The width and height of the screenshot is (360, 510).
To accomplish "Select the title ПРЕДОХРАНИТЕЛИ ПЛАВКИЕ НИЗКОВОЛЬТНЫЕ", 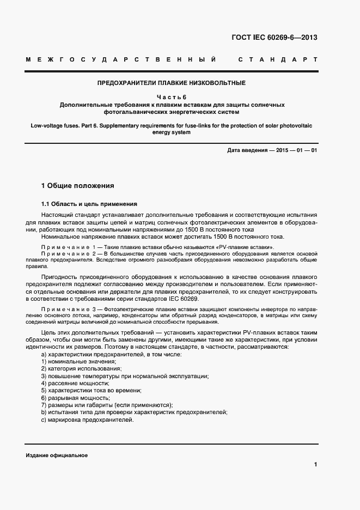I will (x=172, y=83).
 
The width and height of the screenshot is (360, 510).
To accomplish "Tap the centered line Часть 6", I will (x=172, y=97).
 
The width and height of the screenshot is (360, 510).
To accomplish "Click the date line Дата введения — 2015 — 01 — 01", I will (x=272, y=150).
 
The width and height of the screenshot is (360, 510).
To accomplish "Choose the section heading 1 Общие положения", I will (x=78, y=186).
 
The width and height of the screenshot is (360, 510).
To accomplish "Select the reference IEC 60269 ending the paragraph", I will (x=183, y=299).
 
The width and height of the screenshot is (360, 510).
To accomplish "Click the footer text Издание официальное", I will (x=57, y=455).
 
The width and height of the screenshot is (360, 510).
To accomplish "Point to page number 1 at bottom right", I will (x=315, y=464).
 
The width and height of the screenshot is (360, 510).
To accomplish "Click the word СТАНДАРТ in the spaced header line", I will (x=278, y=59).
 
